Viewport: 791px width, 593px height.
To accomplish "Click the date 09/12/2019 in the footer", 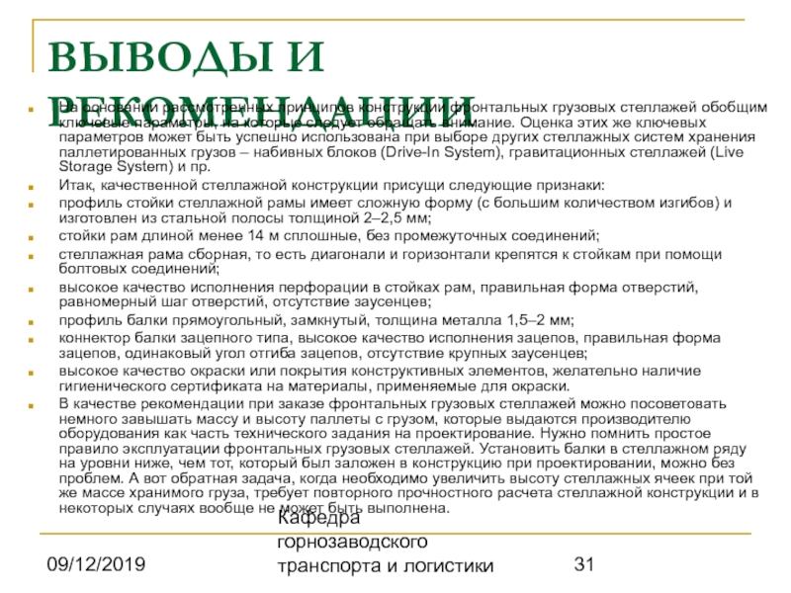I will (96, 564).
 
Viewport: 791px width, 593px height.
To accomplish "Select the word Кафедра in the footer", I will (318, 518).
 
